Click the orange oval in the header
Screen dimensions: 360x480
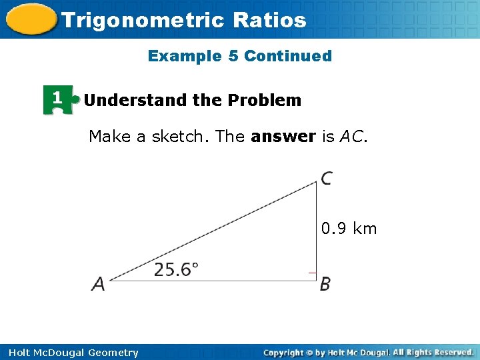[31, 19]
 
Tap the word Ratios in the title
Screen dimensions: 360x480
[270, 20]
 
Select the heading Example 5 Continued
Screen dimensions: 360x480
[240, 56]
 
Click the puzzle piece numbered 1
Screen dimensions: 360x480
[59, 100]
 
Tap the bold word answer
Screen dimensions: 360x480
[283, 137]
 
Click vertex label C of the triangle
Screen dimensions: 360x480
[327, 179]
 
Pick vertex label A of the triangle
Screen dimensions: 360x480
[98, 284]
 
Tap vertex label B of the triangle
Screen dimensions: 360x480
[325, 284]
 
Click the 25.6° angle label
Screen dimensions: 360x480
[176, 269]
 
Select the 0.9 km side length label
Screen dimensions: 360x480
[349, 229]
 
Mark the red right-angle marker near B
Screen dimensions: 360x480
[311, 273]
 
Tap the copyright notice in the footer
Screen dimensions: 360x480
[368, 352]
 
